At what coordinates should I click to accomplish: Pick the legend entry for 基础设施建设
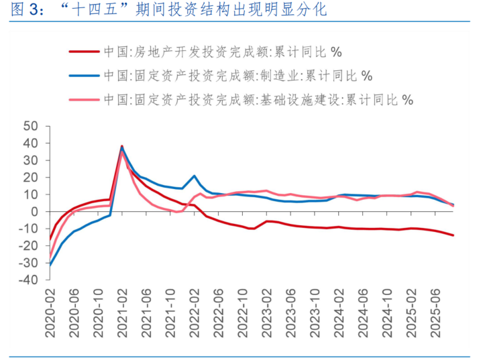pyautogui.click(x=258, y=100)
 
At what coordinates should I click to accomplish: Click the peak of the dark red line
pyautogui.click(x=122, y=146)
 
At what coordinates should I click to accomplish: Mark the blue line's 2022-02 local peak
pyautogui.click(x=195, y=176)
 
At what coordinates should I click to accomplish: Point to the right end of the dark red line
pyautogui.click(x=454, y=235)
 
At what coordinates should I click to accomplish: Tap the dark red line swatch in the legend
pyautogui.click(x=83, y=52)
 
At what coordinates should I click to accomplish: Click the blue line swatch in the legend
pyautogui.click(x=83, y=76)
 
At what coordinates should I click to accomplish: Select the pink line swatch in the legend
pyautogui.click(x=83, y=100)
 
